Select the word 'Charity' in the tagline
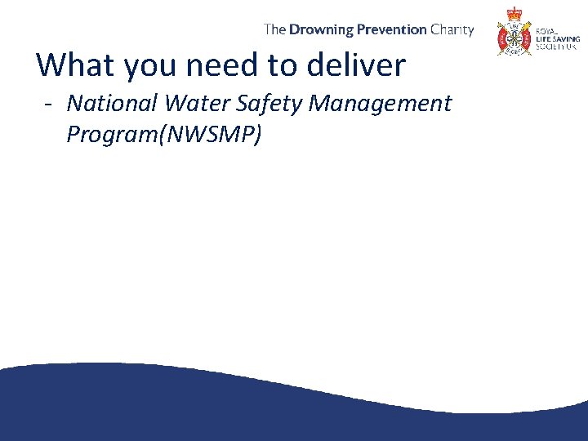coord(452,29)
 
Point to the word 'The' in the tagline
coord(274,29)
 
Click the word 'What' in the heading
coord(74,65)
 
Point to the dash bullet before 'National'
coord(50,105)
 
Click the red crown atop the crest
coord(514,13)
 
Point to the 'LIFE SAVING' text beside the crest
coord(557,39)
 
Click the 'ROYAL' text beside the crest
coord(546,31)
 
